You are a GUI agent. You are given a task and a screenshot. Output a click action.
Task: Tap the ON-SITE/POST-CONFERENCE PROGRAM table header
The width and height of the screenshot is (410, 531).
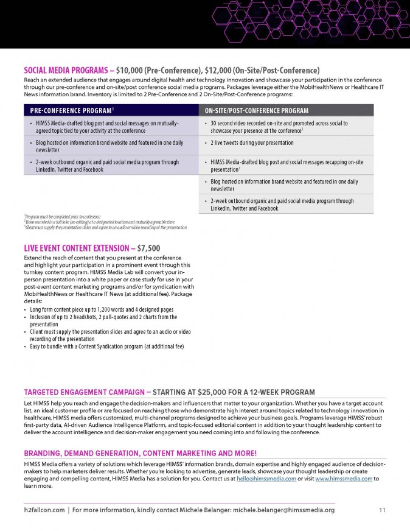pyautogui.click(x=257, y=110)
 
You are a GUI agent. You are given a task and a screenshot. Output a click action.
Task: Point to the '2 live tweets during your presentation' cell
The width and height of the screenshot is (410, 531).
pyautogui.click(x=252, y=143)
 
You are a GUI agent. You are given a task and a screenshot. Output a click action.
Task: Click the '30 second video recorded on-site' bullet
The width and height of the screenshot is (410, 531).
pyautogui.click(x=279, y=127)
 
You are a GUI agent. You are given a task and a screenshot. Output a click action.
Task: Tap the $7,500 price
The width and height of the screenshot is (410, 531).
pyautogui.click(x=149, y=248)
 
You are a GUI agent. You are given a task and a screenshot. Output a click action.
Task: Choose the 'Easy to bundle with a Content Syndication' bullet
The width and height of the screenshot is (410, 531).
pyautogui.click(x=106, y=346)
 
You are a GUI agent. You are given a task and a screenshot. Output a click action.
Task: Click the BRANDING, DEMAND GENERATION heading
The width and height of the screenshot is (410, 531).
pyautogui.click(x=140, y=453)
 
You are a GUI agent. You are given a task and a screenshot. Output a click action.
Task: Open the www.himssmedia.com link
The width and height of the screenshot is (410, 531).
pyautogui.click(x=343, y=479)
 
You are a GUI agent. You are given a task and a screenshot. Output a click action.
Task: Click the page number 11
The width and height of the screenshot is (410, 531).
pyautogui.click(x=382, y=510)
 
